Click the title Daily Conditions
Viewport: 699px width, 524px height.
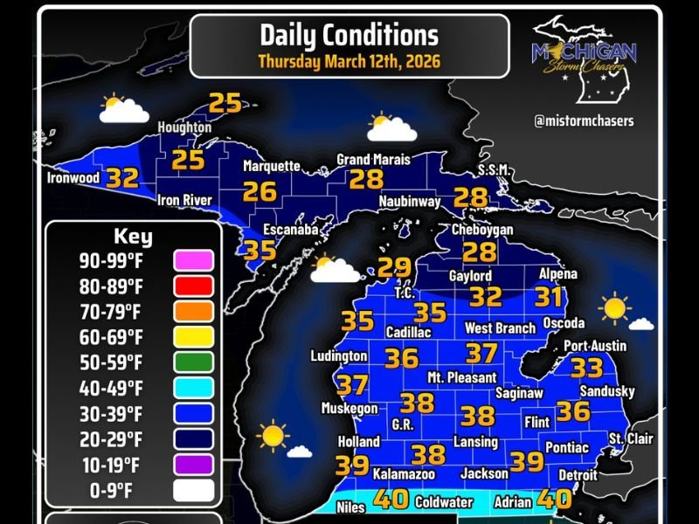(x=349, y=35)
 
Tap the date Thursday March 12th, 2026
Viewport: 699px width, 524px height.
(x=349, y=62)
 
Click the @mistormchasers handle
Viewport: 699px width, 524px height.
(x=584, y=121)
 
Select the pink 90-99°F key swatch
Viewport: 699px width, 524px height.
(x=193, y=260)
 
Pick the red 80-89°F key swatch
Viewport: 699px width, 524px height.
(x=193, y=286)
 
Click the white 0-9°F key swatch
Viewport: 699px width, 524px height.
(x=193, y=490)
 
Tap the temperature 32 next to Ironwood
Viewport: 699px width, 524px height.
(x=122, y=179)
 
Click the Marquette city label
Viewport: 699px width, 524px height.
(x=271, y=166)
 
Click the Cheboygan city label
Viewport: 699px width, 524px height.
(x=482, y=230)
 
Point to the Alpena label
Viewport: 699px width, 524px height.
(x=557, y=274)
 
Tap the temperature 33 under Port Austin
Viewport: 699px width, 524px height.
(x=586, y=368)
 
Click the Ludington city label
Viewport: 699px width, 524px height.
(x=339, y=356)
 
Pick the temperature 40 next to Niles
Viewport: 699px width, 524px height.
(x=391, y=500)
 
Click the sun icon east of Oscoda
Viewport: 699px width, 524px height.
(x=615, y=307)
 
